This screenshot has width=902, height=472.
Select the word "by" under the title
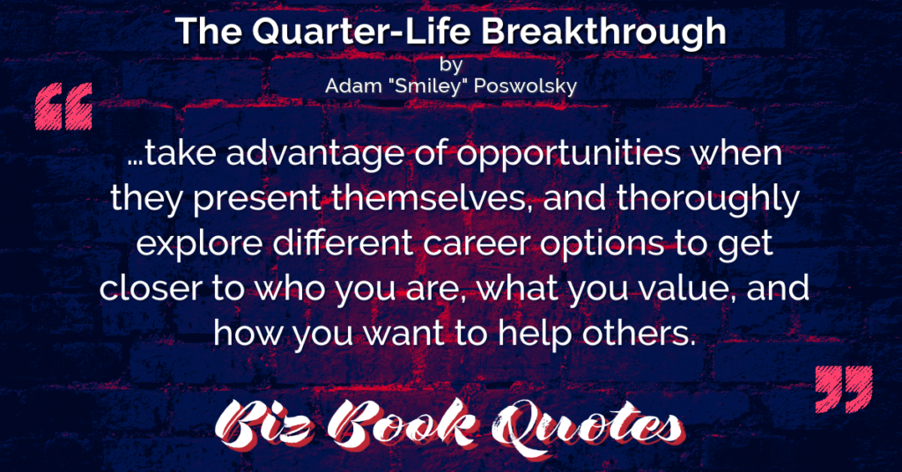(451, 65)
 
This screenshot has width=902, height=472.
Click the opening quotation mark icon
(63, 107)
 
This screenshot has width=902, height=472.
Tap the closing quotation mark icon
(843, 388)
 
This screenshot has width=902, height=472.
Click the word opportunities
(568, 155)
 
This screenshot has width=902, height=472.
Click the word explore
(199, 244)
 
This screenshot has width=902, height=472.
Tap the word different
(343, 243)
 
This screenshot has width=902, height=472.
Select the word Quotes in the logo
(586, 425)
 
